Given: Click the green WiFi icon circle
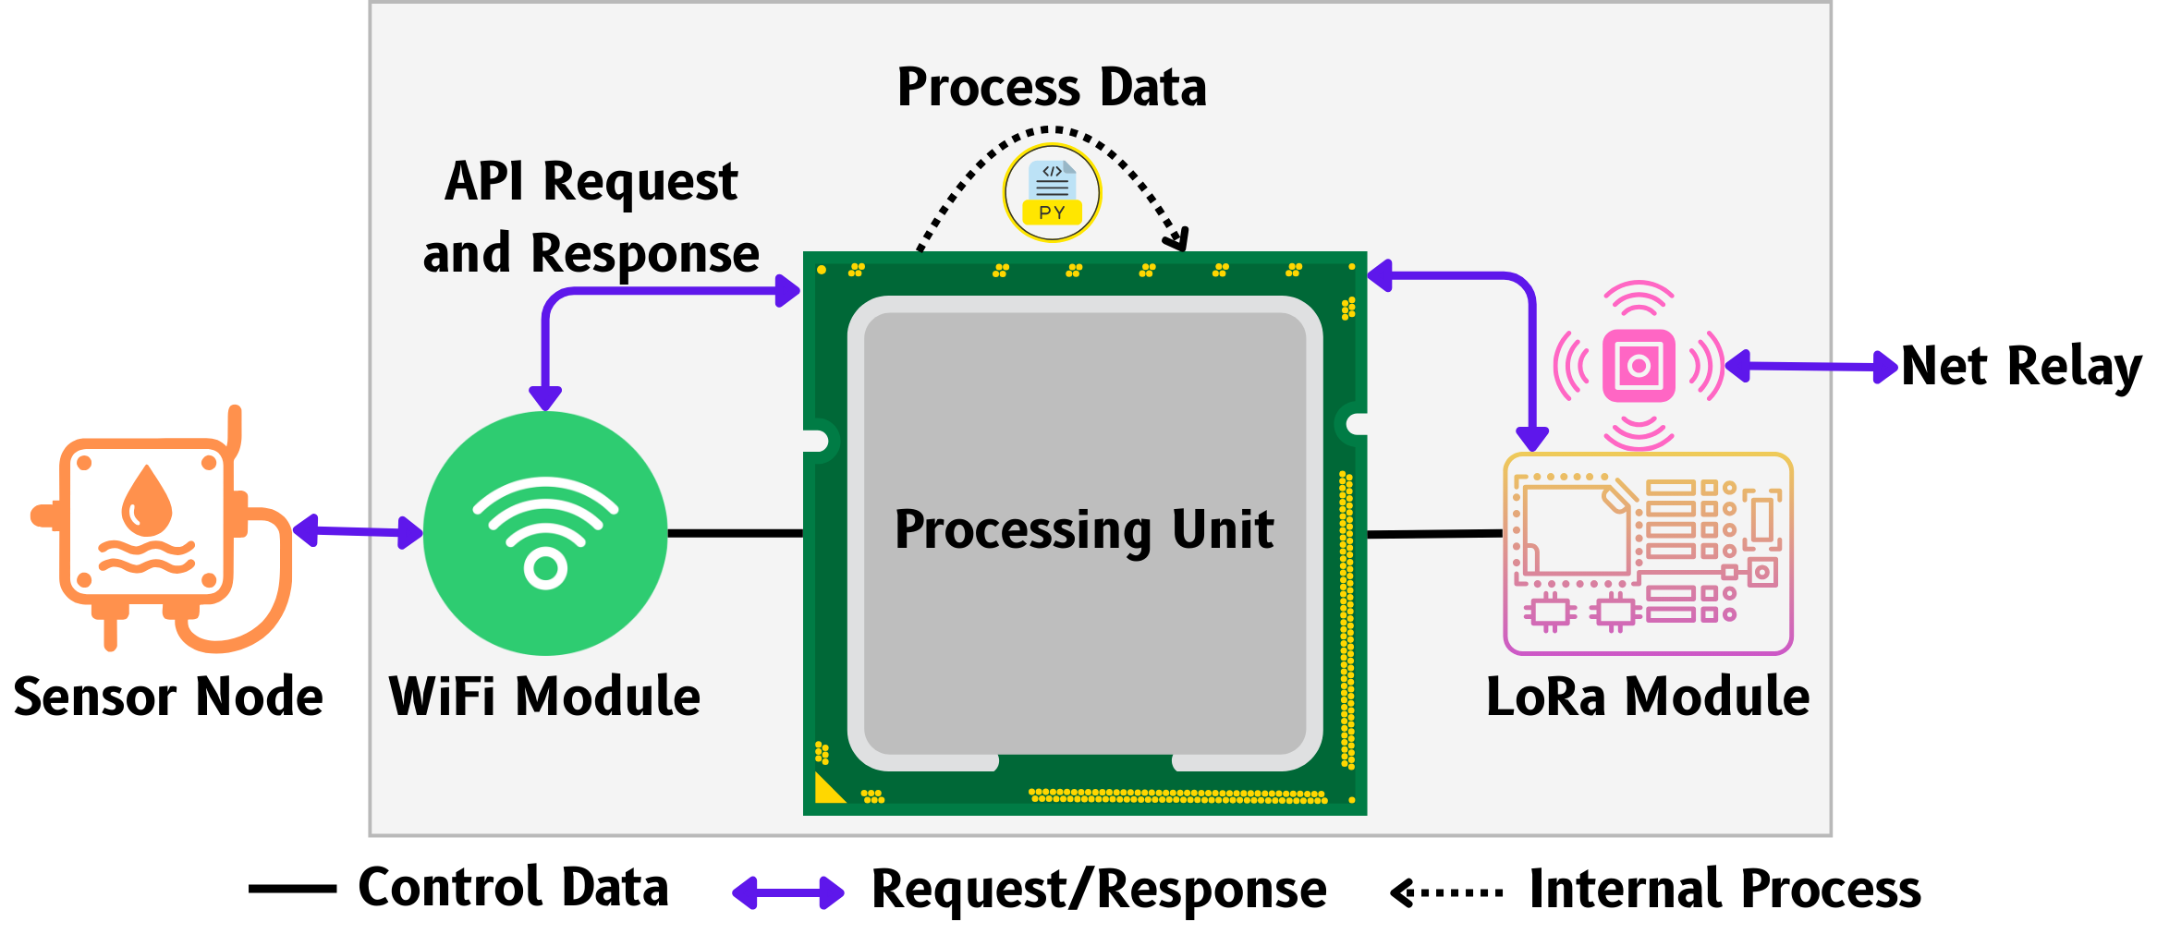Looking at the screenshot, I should [x=545, y=533].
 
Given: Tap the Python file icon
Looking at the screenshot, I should [x=1052, y=193].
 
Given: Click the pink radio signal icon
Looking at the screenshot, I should [x=1639, y=366].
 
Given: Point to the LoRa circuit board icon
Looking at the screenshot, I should [x=1648, y=553].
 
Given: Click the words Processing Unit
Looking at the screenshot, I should [x=1084, y=530].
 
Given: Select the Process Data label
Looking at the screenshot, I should [x=1052, y=88].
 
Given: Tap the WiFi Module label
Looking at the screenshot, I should [x=544, y=697].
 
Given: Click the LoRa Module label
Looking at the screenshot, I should [x=1648, y=697].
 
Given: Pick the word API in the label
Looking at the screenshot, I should [x=484, y=181].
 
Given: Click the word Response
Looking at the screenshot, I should [x=644, y=254].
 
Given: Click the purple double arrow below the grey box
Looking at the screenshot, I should [x=788, y=893].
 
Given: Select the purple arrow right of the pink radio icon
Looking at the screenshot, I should [x=1811, y=367].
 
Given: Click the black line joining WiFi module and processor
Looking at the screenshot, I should [x=735, y=533].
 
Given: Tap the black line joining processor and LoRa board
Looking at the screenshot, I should [x=1434, y=534].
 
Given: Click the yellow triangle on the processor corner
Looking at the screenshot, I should [x=827, y=790].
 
